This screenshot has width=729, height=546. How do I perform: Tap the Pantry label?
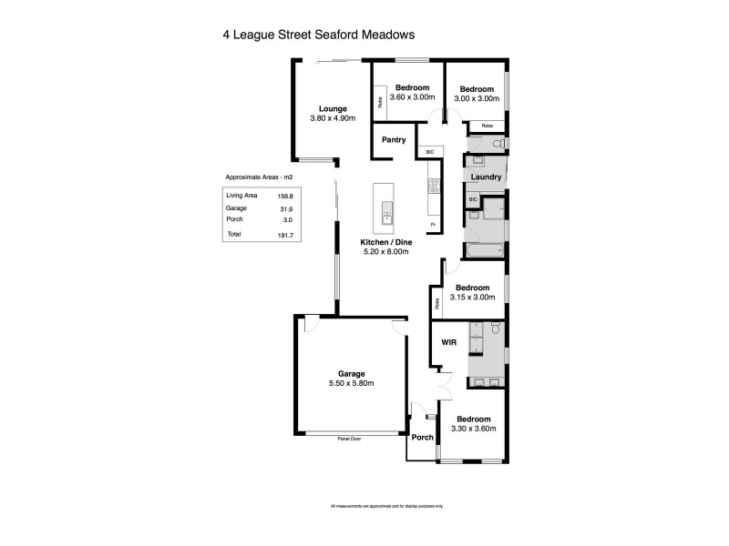[394, 140]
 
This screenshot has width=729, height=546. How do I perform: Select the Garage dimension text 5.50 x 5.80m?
[352, 383]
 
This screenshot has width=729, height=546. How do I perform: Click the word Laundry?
[486, 177]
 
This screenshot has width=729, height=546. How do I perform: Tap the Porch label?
[423, 437]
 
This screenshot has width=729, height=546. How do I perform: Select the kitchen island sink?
[387, 217]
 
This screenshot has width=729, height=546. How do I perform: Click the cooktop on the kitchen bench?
[435, 187]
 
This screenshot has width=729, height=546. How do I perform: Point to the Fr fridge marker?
[433, 224]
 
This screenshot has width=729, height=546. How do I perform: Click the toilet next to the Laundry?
[498, 144]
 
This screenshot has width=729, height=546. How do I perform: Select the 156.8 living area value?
[285, 195]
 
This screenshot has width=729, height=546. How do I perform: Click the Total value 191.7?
[285, 236]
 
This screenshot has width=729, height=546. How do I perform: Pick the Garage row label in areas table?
[236, 207]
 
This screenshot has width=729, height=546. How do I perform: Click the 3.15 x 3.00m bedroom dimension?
[473, 297]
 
